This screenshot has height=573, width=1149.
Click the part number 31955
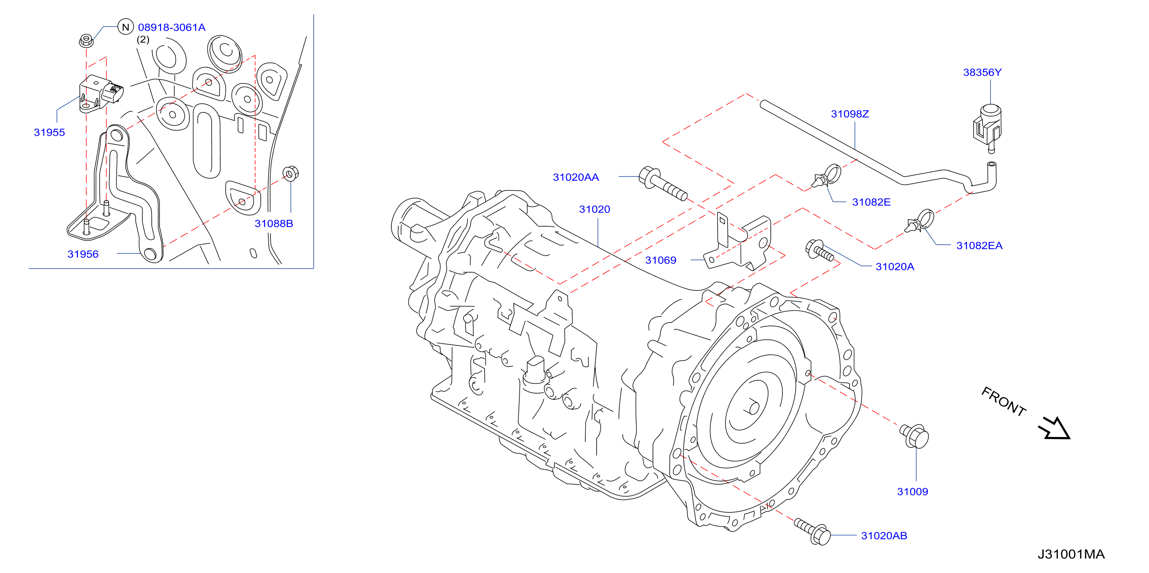(x=49, y=132)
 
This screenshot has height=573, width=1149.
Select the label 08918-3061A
(x=172, y=28)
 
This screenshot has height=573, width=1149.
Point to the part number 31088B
(x=274, y=224)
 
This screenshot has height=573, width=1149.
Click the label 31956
(x=83, y=254)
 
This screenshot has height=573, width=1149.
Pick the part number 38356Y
(x=982, y=72)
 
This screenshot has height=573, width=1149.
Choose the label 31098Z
(x=850, y=114)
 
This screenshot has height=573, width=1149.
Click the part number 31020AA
(x=576, y=178)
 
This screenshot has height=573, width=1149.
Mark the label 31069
(x=661, y=260)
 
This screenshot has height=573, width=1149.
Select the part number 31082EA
(x=979, y=246)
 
